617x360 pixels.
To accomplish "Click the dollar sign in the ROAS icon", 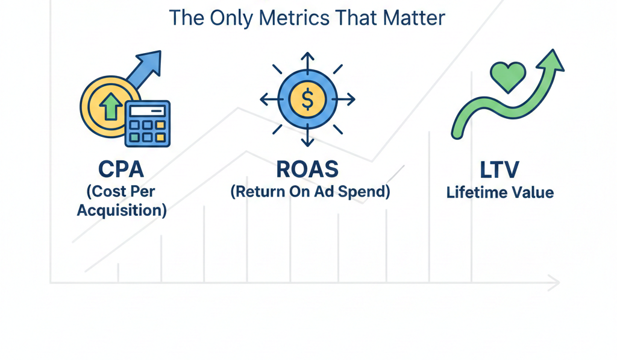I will point(307,100).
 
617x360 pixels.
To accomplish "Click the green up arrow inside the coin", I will point(110,107).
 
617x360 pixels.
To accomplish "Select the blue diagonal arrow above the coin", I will point(144,69).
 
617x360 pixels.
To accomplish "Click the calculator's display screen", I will point(148,110).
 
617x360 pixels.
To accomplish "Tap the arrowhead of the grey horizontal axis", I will point(554,282).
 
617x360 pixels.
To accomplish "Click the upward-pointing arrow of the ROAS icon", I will point(307,60).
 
